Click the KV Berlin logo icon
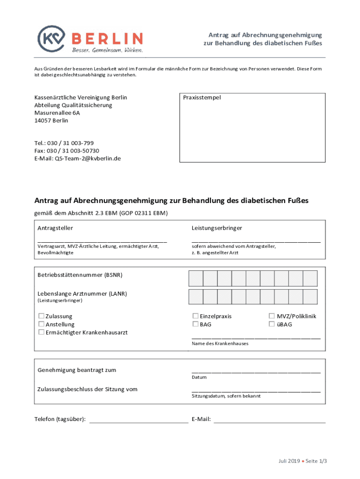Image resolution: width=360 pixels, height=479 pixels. pyautogui.click(x=51, y=38)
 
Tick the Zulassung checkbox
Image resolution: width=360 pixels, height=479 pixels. pyautogui.click(x=42, y=316)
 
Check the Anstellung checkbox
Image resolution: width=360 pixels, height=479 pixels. pyautogui.click(x=42, y=324)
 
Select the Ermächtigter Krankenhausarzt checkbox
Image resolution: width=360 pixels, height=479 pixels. pyautogui.click(x=42, y=332)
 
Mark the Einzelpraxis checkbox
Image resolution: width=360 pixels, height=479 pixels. pyautogui.click(x=195, y=316)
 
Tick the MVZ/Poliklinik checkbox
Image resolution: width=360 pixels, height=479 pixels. pyautogui.click(x=272, y=316)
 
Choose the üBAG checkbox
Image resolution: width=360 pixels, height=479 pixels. pyautogui.click(x=272, y=324)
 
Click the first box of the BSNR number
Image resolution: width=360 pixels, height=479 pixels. pyautogui.click(x=196, y=278)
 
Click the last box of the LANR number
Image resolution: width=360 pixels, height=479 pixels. pyautogui.click(x=310, y=297)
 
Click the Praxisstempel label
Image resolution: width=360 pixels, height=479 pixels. pyautogui.click(x=202, y=98)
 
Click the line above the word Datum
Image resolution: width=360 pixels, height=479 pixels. pyautogui.click(x=256, y=372)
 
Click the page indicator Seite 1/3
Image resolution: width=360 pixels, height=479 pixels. pyautogui.click(x=317, y=461)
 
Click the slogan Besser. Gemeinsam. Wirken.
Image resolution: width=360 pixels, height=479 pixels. pyautogui.click(x=107, y=50)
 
